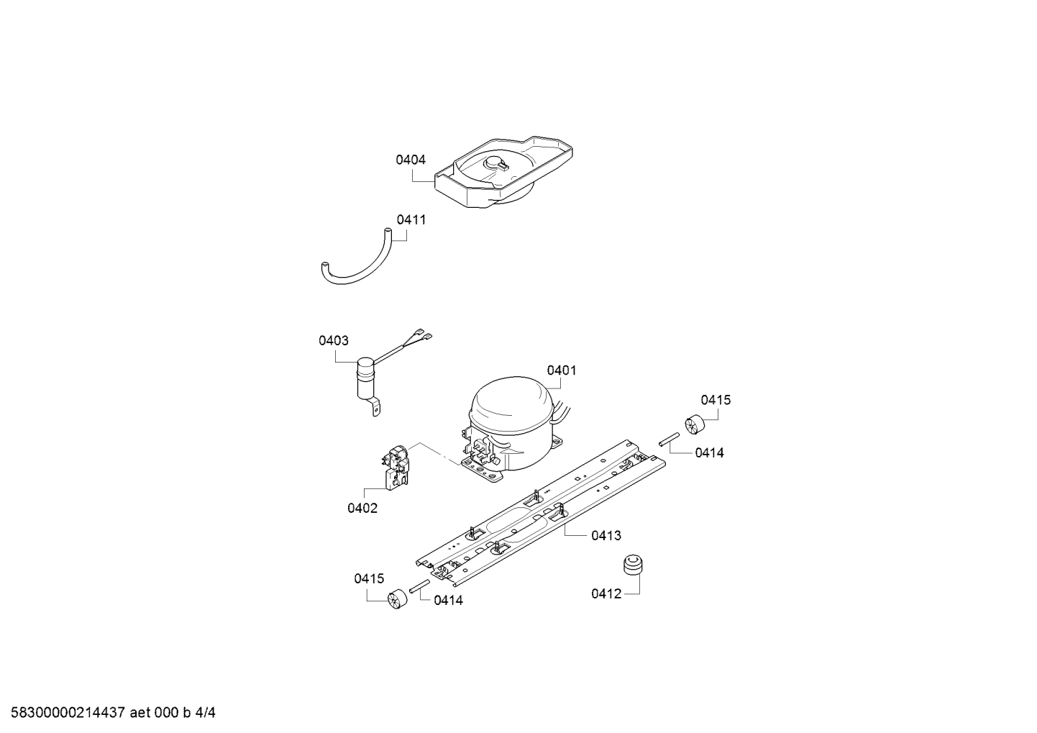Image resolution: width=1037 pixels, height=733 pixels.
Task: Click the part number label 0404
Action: coord(410,160)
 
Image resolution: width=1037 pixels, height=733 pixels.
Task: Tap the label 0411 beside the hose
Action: coord(411,219)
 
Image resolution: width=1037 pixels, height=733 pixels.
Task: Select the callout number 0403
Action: coord(334,341)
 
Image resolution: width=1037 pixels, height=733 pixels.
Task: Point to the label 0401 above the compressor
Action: coord(562,370)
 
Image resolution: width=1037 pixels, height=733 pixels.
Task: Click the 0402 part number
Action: coord(362,509)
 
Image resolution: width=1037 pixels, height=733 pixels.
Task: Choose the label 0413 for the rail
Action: coord(606,536)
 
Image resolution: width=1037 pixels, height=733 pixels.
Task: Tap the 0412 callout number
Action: coord(606,594)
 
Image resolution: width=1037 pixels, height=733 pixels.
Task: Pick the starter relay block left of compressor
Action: coord(396,467)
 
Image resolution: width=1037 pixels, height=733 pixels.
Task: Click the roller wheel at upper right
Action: coord(694,424)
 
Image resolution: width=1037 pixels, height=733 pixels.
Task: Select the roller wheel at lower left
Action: coord(396,600)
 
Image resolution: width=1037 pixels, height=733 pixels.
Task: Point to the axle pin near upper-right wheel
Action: coord(670,439)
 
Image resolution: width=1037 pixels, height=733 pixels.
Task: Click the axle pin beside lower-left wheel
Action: coord(420,586)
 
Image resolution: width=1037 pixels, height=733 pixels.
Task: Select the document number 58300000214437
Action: coord(68,713)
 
